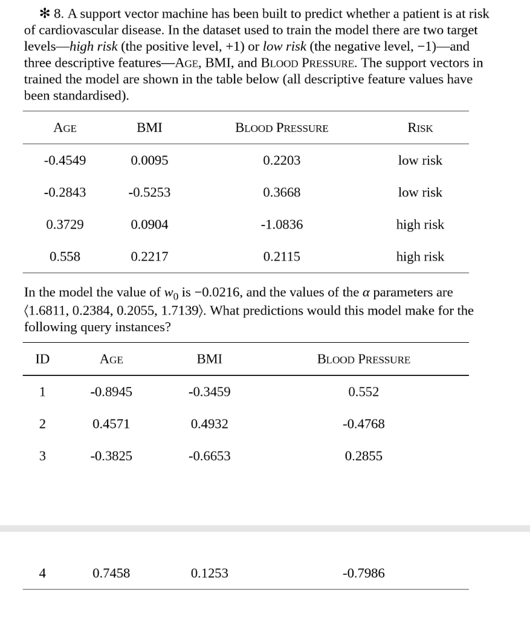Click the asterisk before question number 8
tap(30, 13)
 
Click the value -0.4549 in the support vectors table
tap(65, 161)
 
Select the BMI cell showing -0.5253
tap(149, 193)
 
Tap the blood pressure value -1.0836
tap(282, 225)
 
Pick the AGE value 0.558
tap(65, 257)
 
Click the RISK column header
tap(420, 128)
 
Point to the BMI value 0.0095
tap(149, 161)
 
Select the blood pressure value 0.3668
tap(282, 193)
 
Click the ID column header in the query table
tap(42, 360)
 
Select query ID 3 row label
tap(42, 456)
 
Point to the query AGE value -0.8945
tap(111, 392)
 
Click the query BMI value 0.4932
tap(209, 424)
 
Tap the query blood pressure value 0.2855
tap(364, 456)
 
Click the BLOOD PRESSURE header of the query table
tap(364, 360)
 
